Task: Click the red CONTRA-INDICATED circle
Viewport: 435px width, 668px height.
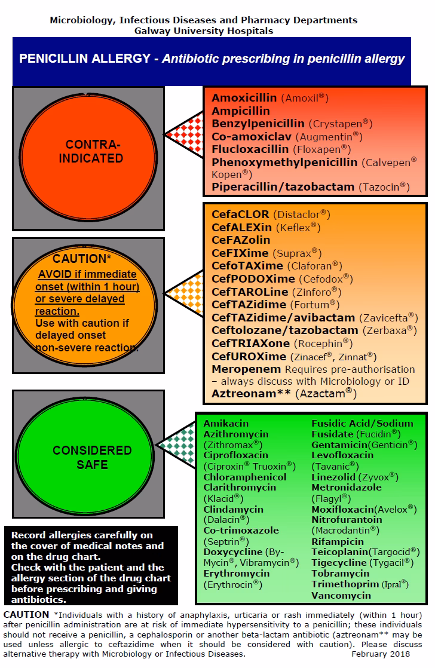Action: [x=88, y=151]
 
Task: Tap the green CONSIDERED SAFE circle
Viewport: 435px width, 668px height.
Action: [x=88, y=456]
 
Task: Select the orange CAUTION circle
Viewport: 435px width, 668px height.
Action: [x=88, y=305]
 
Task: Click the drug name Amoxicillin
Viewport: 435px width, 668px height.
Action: [x=244, y=98]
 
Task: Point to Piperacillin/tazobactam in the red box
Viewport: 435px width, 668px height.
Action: [x=283, y=187]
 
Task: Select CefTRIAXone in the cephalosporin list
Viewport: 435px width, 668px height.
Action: [x=250, y=344]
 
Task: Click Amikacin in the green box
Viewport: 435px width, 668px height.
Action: [x=226, y=424]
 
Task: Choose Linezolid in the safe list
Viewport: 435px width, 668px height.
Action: [x=333, y=477]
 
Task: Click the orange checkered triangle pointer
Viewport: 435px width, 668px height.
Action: [x=185, y=293]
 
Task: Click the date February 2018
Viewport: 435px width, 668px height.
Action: [x=385, y=654]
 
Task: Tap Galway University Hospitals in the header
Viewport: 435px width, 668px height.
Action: [x=204, y=30]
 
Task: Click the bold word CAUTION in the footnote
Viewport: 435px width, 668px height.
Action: [x=26, y=615]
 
